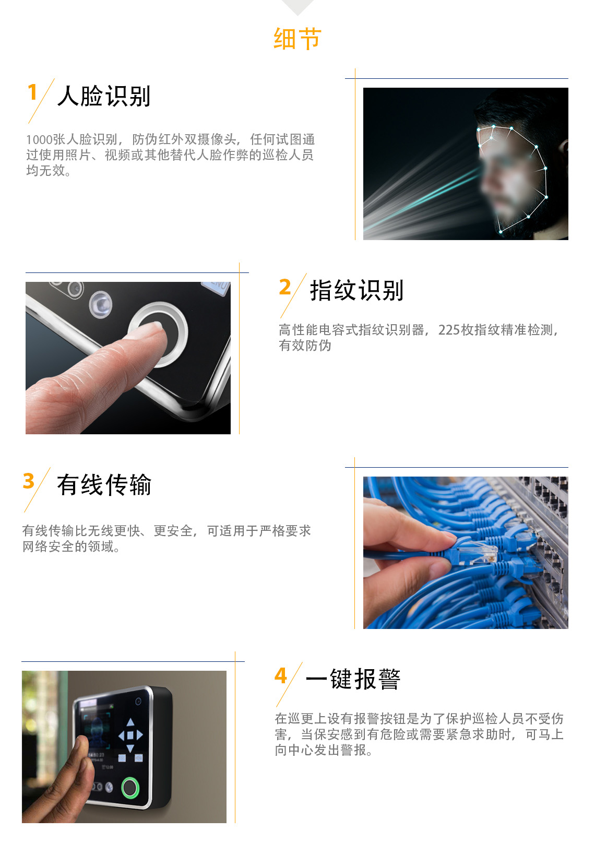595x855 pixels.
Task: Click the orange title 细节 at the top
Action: pyautogui.click(x=297, y=39)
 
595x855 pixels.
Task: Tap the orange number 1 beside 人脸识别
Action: pyautogui.click(x=32, y=92)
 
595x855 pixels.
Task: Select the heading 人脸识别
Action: pyautogui.click(x=104, y=96)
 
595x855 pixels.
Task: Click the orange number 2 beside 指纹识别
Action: pyautogui.click(x=285, y=287)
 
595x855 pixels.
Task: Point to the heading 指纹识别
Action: pyautogui.click(x=356, y=290)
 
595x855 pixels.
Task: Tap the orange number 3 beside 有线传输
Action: pyautogui.click(x=29, y=481)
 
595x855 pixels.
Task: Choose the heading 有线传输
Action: pyautogui.click(x=104, y=485)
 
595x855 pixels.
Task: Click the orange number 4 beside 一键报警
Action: pyautogui.click(x=280, y=675)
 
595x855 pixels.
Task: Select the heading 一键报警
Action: pyautogui.click(x=353, y=679)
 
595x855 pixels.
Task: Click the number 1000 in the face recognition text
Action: pyautogui.click(x=39, y=140)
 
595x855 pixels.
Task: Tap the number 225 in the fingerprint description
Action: pyautogui.click(x=449, y=330)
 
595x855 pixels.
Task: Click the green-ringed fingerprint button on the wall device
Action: pyautogui.click(x=130, y=788)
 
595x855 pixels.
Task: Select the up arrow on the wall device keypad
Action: pyautogui.click(x=130, y=721)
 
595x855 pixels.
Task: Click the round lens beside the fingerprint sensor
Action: pyautogui.click(x=101, y=304)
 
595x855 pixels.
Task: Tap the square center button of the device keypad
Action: pyautogui.click(x=130, y=735)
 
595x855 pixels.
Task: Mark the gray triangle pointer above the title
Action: pyautogui.click(x=297, y=6)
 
